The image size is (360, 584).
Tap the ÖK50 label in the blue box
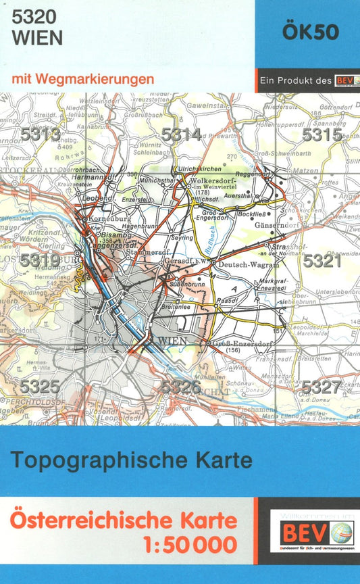(x=310, y=34)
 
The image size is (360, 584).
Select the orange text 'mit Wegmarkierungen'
(x=82, y=79)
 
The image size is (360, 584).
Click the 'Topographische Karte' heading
(x=132, y=461)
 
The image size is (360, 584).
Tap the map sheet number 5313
(x=40, y=135)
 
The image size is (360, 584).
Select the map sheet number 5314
(x=180, y=135)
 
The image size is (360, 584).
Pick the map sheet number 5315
(x=322, y=135)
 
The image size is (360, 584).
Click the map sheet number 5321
(x=322, y=261)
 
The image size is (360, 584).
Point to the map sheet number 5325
(x=40, y=387)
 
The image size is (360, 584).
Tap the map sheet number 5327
(x=322, y=387)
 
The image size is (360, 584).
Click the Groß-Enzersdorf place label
(x=238, y=343)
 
